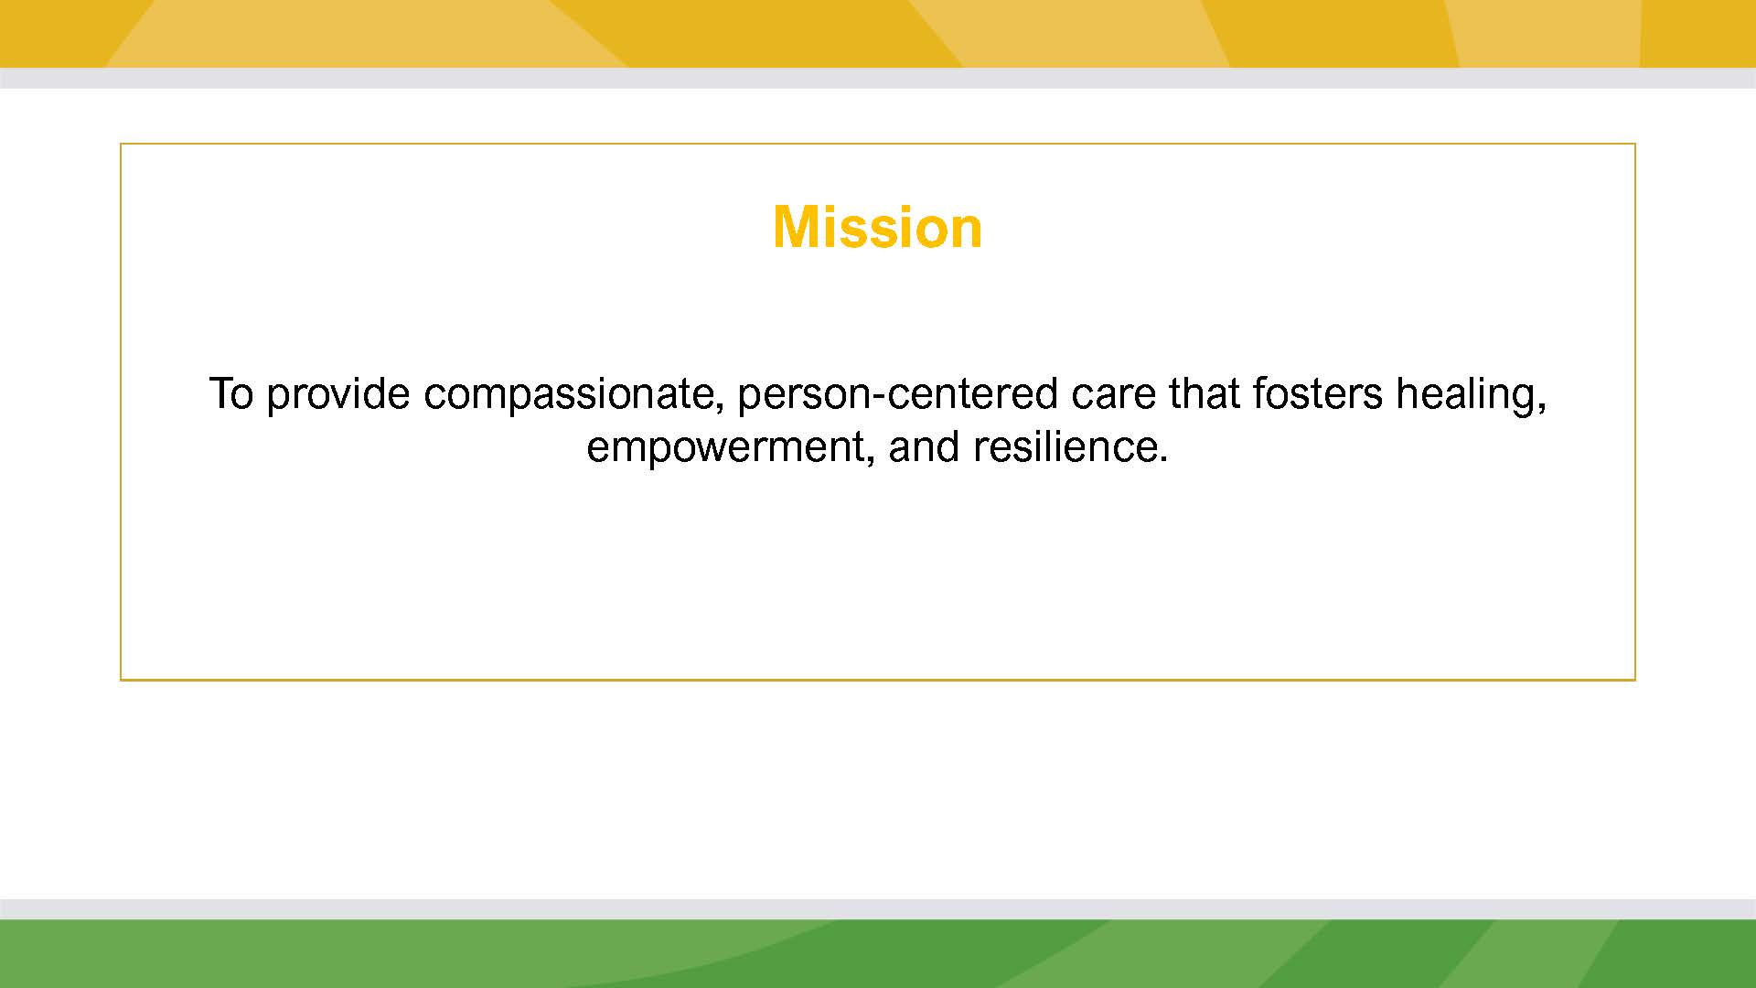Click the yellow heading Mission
coord(877,227)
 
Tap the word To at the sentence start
coord(231,394)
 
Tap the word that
coord(1204,394)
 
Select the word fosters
coord(1318,394)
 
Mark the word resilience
coord(1065,447)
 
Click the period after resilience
coord(1163,461)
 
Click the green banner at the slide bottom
coord(878,953)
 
